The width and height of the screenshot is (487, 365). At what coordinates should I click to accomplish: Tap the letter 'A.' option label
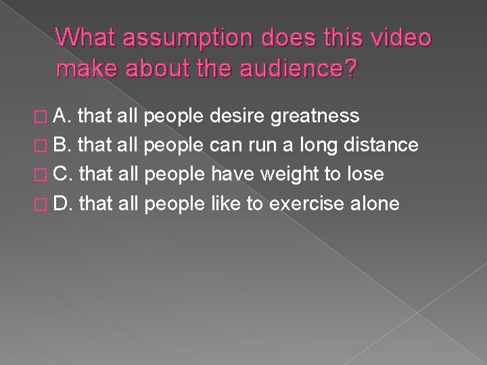63,117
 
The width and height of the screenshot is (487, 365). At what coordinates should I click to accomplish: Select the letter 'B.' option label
63,145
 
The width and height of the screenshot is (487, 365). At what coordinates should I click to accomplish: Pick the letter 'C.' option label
64,174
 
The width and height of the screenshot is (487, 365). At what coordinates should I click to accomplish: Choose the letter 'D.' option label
64,203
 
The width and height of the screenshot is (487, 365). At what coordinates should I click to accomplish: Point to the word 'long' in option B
317,145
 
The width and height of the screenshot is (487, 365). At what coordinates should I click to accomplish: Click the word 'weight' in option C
298,174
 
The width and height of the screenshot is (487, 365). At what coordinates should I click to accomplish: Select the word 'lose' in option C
366,174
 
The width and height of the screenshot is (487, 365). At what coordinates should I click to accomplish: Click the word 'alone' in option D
375,203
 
